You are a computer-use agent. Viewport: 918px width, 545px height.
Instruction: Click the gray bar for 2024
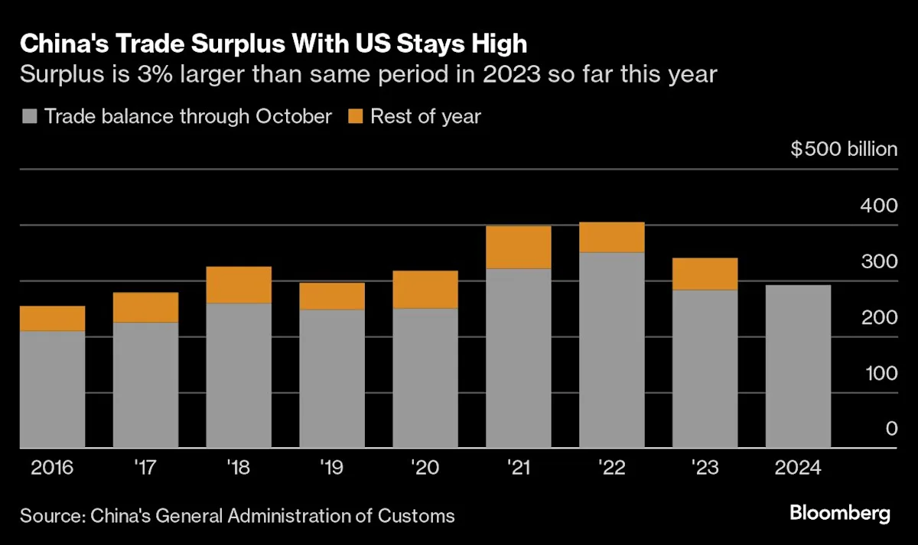[x=798, y=366]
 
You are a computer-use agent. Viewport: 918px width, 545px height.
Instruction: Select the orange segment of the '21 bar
[x=519, y=247]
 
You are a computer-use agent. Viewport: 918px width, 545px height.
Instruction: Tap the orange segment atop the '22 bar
[x=612, y=237]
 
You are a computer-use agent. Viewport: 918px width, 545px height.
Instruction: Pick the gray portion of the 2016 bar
[x=52, y=389]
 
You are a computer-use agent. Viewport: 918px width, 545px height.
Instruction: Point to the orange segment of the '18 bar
[x=239, y=284]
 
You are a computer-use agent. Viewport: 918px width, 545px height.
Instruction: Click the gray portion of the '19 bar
[x=332, y=378]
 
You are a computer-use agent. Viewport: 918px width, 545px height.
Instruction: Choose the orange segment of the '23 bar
[x=705, y=274]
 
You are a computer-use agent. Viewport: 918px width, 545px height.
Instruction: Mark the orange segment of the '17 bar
[x=145, y=307]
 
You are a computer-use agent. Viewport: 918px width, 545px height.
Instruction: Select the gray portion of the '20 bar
[x=425, y=378]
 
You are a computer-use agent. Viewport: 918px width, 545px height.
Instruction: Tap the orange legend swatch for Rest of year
[x=355, y=117]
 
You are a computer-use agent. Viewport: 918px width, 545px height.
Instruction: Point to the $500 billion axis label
[x=844, y=148]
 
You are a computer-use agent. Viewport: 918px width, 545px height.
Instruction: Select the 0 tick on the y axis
[x=891, y=429]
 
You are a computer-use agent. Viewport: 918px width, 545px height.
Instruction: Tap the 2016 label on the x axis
[x=52, y=468]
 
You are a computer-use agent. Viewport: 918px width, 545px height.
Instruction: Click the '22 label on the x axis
[x=612, y=468]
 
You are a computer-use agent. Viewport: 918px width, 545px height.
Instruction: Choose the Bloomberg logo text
[x=839, y=513]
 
